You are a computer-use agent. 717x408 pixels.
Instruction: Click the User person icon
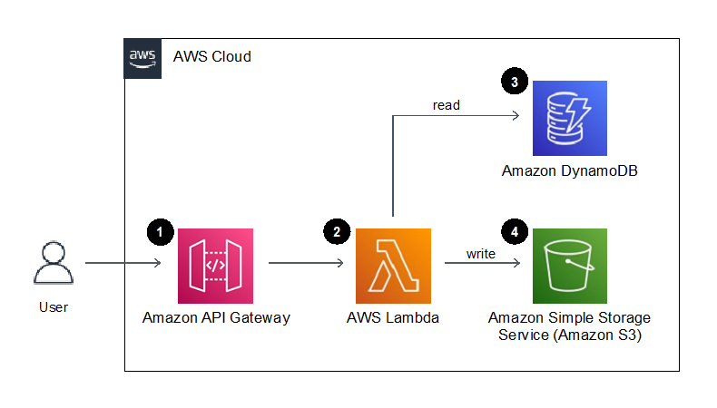pyautogui.click(x=54, y=264)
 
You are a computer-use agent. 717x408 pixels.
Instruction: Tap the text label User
pyautogui.click(x=54, y=307)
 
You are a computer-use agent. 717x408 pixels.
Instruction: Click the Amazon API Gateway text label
pyautogui.click(x=216, y=318)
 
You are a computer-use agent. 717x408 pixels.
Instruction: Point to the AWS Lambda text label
pyautogui.click(x=393, y=318)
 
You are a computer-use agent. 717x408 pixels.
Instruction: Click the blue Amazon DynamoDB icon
pyautogui.click(x=570, y=118)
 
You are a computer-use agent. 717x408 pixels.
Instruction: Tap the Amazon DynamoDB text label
pyautogui.click(x=570, y=170)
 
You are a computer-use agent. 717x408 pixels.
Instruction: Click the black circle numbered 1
pyautogui.click(x=160, y=231)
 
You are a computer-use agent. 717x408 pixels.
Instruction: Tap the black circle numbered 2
pyautogui.click(x=337, y=231)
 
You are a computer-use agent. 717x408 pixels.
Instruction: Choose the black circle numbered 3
pyautogui.click(x=515, y=83)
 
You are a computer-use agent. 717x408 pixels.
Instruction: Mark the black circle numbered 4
pyautogui.click(x=515, y=231)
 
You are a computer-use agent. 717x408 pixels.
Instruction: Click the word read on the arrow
pyautogui.click(x=446, y=105)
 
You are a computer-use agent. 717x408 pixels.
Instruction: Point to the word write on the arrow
pyautogui.click(x=481, y=254)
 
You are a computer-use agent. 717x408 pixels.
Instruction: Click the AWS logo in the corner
pyautogui.click(x=142, y=57)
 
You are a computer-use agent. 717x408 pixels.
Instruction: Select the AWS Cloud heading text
pyautogui.click(x=212, y=57)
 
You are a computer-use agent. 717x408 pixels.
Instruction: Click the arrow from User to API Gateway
pyautogui.click(x=123, y=264)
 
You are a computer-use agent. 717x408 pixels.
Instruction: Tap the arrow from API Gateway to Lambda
pyautogui.click(x=306, y=264)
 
